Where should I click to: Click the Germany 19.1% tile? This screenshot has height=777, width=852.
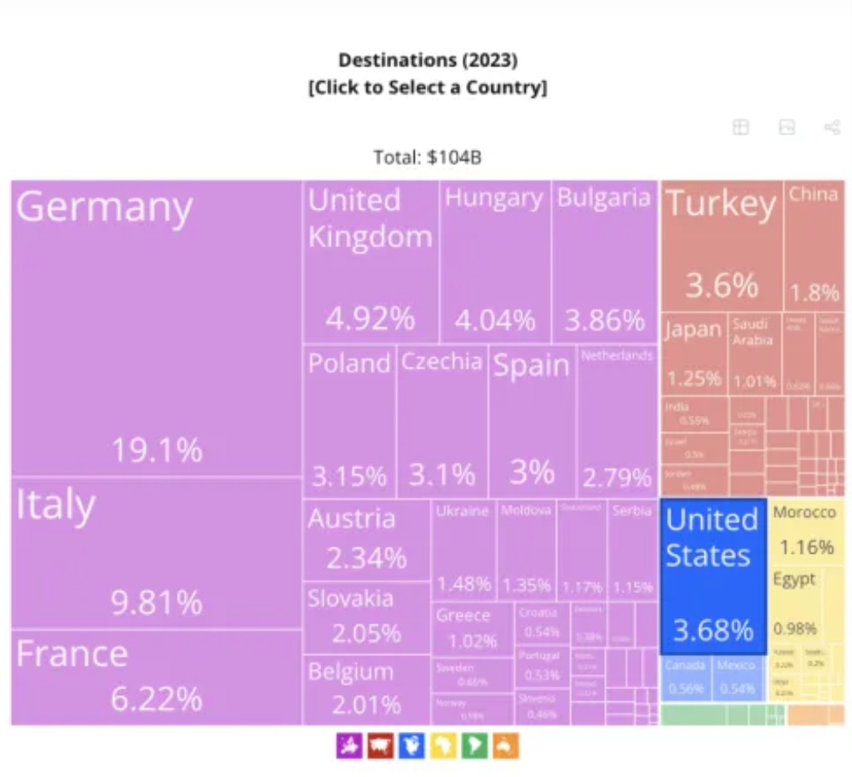156,328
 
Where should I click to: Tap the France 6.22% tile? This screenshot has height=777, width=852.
156,677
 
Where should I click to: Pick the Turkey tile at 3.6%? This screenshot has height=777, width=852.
722,245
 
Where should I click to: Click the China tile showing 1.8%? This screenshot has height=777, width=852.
814,245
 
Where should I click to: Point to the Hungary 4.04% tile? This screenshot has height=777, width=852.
495,262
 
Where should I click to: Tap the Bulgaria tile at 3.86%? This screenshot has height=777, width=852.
605,262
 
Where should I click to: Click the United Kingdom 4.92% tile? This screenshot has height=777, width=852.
371,262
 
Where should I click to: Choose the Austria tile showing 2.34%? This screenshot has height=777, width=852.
366,540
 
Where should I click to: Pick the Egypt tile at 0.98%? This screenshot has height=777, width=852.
795,605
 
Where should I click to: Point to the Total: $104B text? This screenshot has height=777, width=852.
428,157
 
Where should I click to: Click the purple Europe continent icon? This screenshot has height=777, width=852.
349,746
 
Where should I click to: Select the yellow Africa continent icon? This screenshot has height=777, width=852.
443,746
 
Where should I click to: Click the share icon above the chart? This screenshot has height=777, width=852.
832,128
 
